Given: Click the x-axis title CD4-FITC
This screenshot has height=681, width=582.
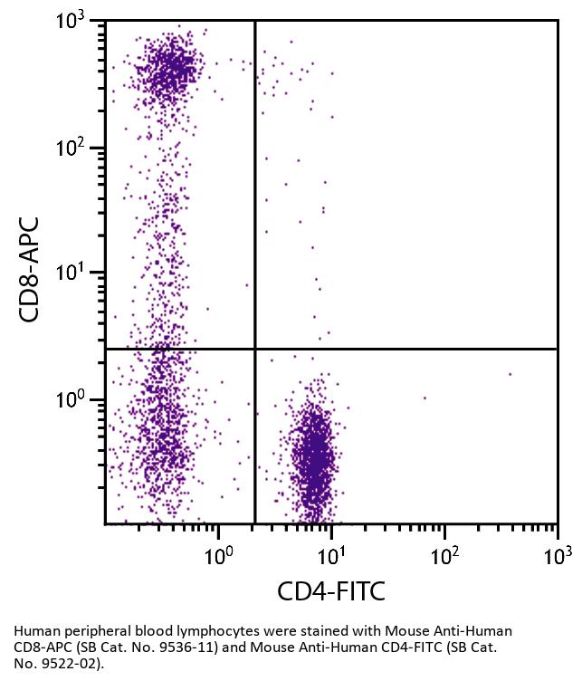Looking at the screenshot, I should pyautogui.click(x=330, y=592).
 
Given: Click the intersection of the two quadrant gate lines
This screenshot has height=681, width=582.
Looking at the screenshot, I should pyautogui.click(x=255, y=349).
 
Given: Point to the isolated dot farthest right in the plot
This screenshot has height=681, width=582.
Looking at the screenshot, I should pyautogui.click(x=510, y=374).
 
